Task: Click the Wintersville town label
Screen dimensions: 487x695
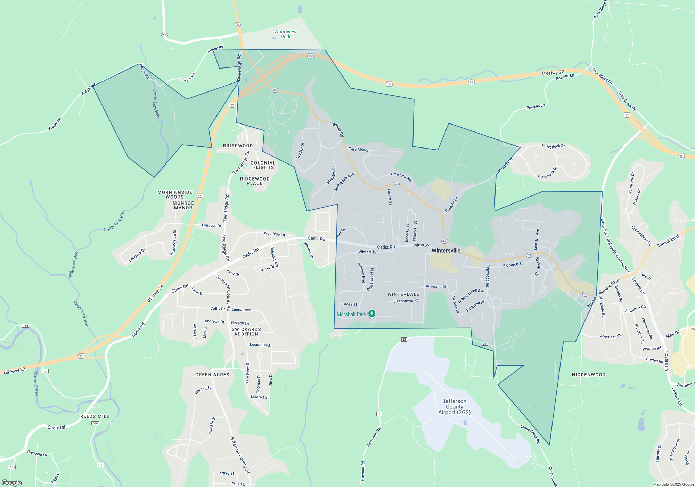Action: [x=446, y=250]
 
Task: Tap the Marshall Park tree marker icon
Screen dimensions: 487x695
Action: [x=372, y=314]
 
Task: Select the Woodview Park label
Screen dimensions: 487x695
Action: [x=285, y=34]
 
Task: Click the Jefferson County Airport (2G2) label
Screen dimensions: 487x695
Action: [x=454, y=407]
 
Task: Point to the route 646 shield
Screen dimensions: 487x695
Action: [x=164, y=34]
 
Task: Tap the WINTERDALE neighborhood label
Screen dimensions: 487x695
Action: [x=403, y=294]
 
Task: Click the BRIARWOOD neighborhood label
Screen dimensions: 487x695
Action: [x=238, y=146]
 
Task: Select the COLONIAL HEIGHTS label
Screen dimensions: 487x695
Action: [x=263, y=165]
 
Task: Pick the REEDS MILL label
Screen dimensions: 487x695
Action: [x=95, y=416]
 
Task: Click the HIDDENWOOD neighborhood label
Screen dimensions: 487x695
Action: [x=589, y=375]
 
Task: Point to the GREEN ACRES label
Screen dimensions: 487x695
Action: [x=212, y=375]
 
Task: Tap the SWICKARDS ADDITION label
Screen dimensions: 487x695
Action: [x=246, y=332]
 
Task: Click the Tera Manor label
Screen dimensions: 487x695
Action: [x=359, y=150]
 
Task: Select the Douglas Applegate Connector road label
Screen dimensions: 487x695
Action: [x=615, y=246]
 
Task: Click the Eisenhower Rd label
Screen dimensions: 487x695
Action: [x=406, y=301]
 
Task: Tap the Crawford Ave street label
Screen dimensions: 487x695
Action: [x=402, y=177]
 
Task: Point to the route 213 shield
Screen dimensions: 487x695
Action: [x=12, y=467]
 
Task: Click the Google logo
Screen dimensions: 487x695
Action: [x=11, y=482]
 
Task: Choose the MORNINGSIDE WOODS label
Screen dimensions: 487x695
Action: [x=175, y=194]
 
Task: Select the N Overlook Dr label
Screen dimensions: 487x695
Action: [x=553, y=146]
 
